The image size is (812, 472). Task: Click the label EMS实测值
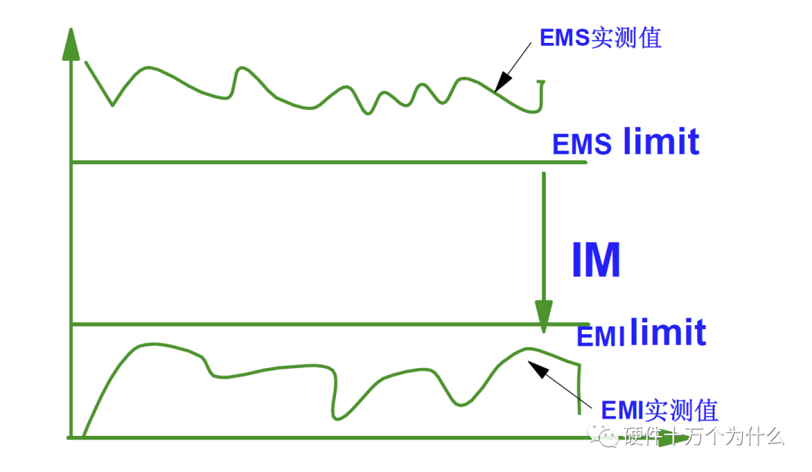600,38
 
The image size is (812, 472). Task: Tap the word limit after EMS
662,141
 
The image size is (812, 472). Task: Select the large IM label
596,260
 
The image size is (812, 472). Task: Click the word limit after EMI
668,332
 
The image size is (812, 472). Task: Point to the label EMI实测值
659,410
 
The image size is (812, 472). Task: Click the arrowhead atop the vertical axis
71,44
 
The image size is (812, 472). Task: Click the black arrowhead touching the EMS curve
502,83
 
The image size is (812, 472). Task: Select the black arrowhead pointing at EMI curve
538,368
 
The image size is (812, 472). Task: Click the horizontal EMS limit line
329,163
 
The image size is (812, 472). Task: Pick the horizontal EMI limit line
330,324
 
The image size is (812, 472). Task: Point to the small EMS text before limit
581,145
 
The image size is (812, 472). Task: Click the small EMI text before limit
601,336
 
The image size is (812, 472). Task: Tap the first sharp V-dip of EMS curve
112,105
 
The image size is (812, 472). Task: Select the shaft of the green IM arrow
544,236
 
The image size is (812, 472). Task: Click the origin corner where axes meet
71,437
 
